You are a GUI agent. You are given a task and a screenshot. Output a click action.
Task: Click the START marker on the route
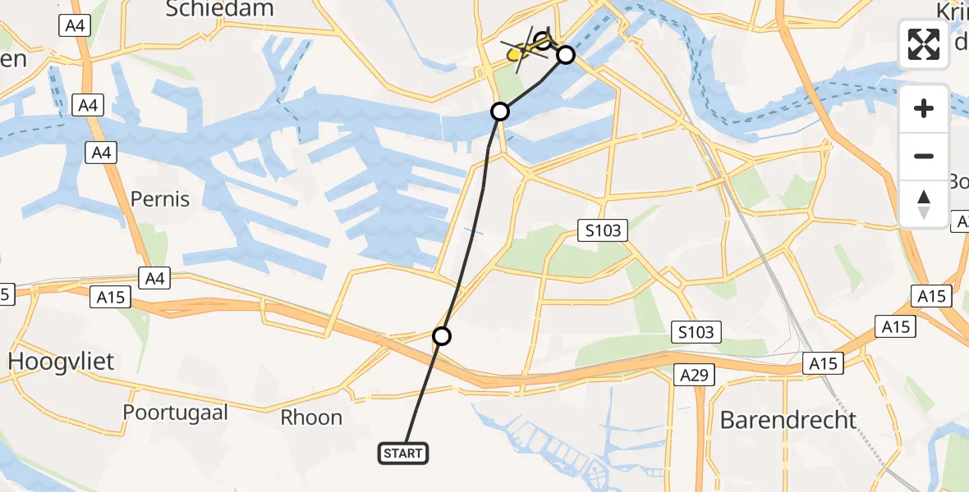click(403, 453)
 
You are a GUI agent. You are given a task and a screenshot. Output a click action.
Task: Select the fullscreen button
click(924, 43)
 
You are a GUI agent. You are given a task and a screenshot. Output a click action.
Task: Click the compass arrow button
click(924, 203)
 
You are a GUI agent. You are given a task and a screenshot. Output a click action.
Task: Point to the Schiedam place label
click(219, 9)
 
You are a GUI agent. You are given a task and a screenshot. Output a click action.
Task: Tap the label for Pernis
click(160, 199)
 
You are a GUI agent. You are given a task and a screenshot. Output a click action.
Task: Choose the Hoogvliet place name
click(62, 361)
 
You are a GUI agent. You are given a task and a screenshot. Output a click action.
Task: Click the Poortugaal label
click(175, 412)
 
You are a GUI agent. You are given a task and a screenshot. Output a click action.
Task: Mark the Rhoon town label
click(311, 417)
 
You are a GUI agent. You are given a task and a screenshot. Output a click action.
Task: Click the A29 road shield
click(695, 375)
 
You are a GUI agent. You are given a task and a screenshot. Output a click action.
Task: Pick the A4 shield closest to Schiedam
click(73, 26)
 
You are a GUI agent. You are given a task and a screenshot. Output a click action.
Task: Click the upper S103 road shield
click(603, 231)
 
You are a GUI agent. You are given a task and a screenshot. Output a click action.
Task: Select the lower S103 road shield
click(696, 332)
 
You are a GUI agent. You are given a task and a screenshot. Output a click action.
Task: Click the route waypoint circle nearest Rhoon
click(442, 336)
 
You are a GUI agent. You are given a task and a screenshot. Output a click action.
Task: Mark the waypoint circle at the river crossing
click(500, 111)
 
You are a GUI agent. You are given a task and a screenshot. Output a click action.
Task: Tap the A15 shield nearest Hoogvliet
click(110, 297)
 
